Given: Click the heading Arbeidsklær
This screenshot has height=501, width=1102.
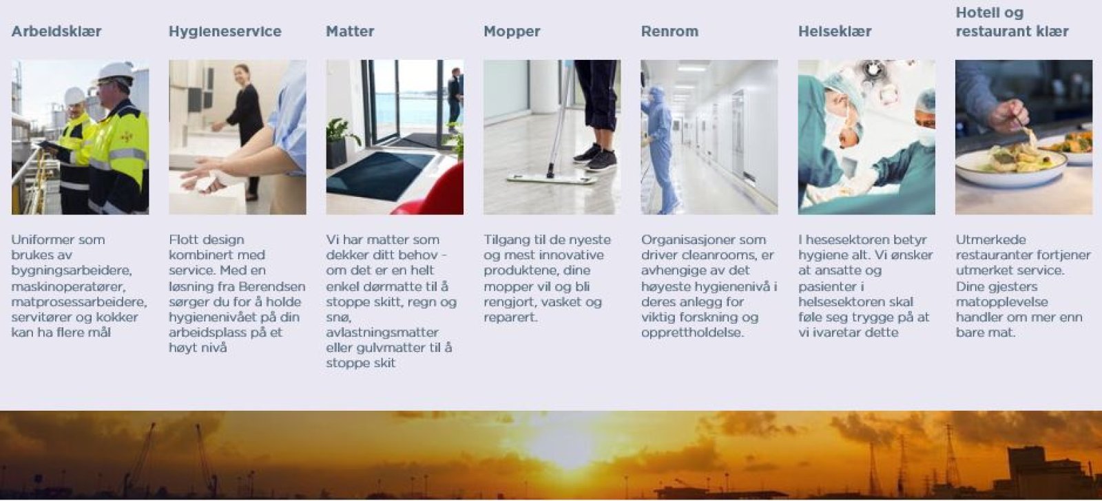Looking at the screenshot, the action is [x=56, y=32].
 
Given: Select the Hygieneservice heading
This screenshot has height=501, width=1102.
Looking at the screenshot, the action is [x=225, y=32].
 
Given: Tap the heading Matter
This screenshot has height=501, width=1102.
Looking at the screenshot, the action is [x=350, y=32].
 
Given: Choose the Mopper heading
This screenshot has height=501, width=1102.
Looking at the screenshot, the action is [x=512, y=32].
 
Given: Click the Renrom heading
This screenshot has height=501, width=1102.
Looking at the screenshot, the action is [x=669, y=32].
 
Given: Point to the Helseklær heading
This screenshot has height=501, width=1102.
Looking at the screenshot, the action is [x=834, y=32].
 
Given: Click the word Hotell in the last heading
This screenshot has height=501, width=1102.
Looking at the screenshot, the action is [x=977, y=13].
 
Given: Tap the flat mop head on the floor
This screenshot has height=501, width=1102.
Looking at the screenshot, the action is [x=552, y=178].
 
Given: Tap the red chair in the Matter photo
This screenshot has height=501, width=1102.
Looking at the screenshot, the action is [x=433, y=192].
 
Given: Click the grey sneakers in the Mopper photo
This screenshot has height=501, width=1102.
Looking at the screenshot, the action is [x=596, y=158].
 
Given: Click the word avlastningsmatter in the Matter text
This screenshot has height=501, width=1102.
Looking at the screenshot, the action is [x=382, y=332].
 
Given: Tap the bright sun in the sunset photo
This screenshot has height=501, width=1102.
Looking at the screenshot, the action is [x=565, y=445].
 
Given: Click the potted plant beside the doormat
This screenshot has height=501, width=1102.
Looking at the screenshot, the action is [x=342, y=143].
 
